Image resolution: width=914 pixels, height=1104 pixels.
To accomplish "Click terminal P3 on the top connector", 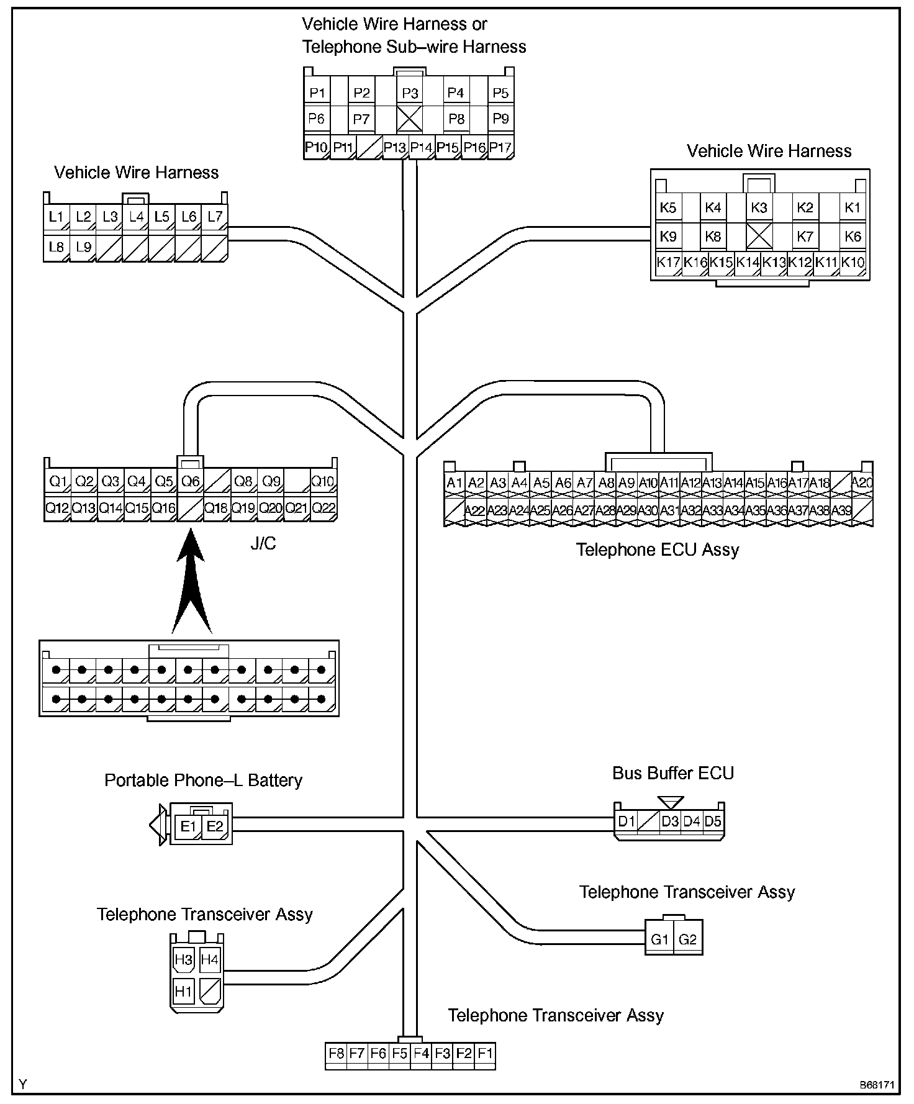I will click(410, 93).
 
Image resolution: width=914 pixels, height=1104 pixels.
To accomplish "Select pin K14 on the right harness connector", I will click(748, 262).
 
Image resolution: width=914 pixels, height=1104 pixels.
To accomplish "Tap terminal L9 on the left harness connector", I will click(83, 247).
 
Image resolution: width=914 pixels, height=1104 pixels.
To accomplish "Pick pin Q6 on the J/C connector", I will click(190, 481).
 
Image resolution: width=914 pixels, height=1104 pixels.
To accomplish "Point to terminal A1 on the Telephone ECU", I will click(455, 483).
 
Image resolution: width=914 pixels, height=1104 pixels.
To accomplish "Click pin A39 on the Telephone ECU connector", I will click(841, 510).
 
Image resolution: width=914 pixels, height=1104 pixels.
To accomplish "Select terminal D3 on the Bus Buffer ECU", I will click(670, 821).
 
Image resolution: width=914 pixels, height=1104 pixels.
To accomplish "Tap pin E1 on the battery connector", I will click(188, 826).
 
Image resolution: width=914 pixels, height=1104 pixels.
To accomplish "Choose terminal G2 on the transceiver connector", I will click(688, 939).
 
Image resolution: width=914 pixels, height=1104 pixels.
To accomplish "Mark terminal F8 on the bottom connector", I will click(337, 1053).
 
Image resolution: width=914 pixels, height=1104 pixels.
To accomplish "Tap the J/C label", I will click(263, 544).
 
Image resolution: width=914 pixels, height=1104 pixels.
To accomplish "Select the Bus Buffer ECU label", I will click(673, 773).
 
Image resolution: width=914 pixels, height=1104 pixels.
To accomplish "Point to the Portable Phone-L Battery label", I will click(203, 780).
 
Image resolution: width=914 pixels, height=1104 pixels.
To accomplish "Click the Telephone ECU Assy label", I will click(658, 550).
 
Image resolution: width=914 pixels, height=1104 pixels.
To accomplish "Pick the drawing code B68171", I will click(877, 1085).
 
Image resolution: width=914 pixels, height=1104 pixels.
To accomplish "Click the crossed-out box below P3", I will click(410, 119).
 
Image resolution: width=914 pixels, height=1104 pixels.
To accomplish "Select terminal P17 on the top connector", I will click(500, 148).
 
